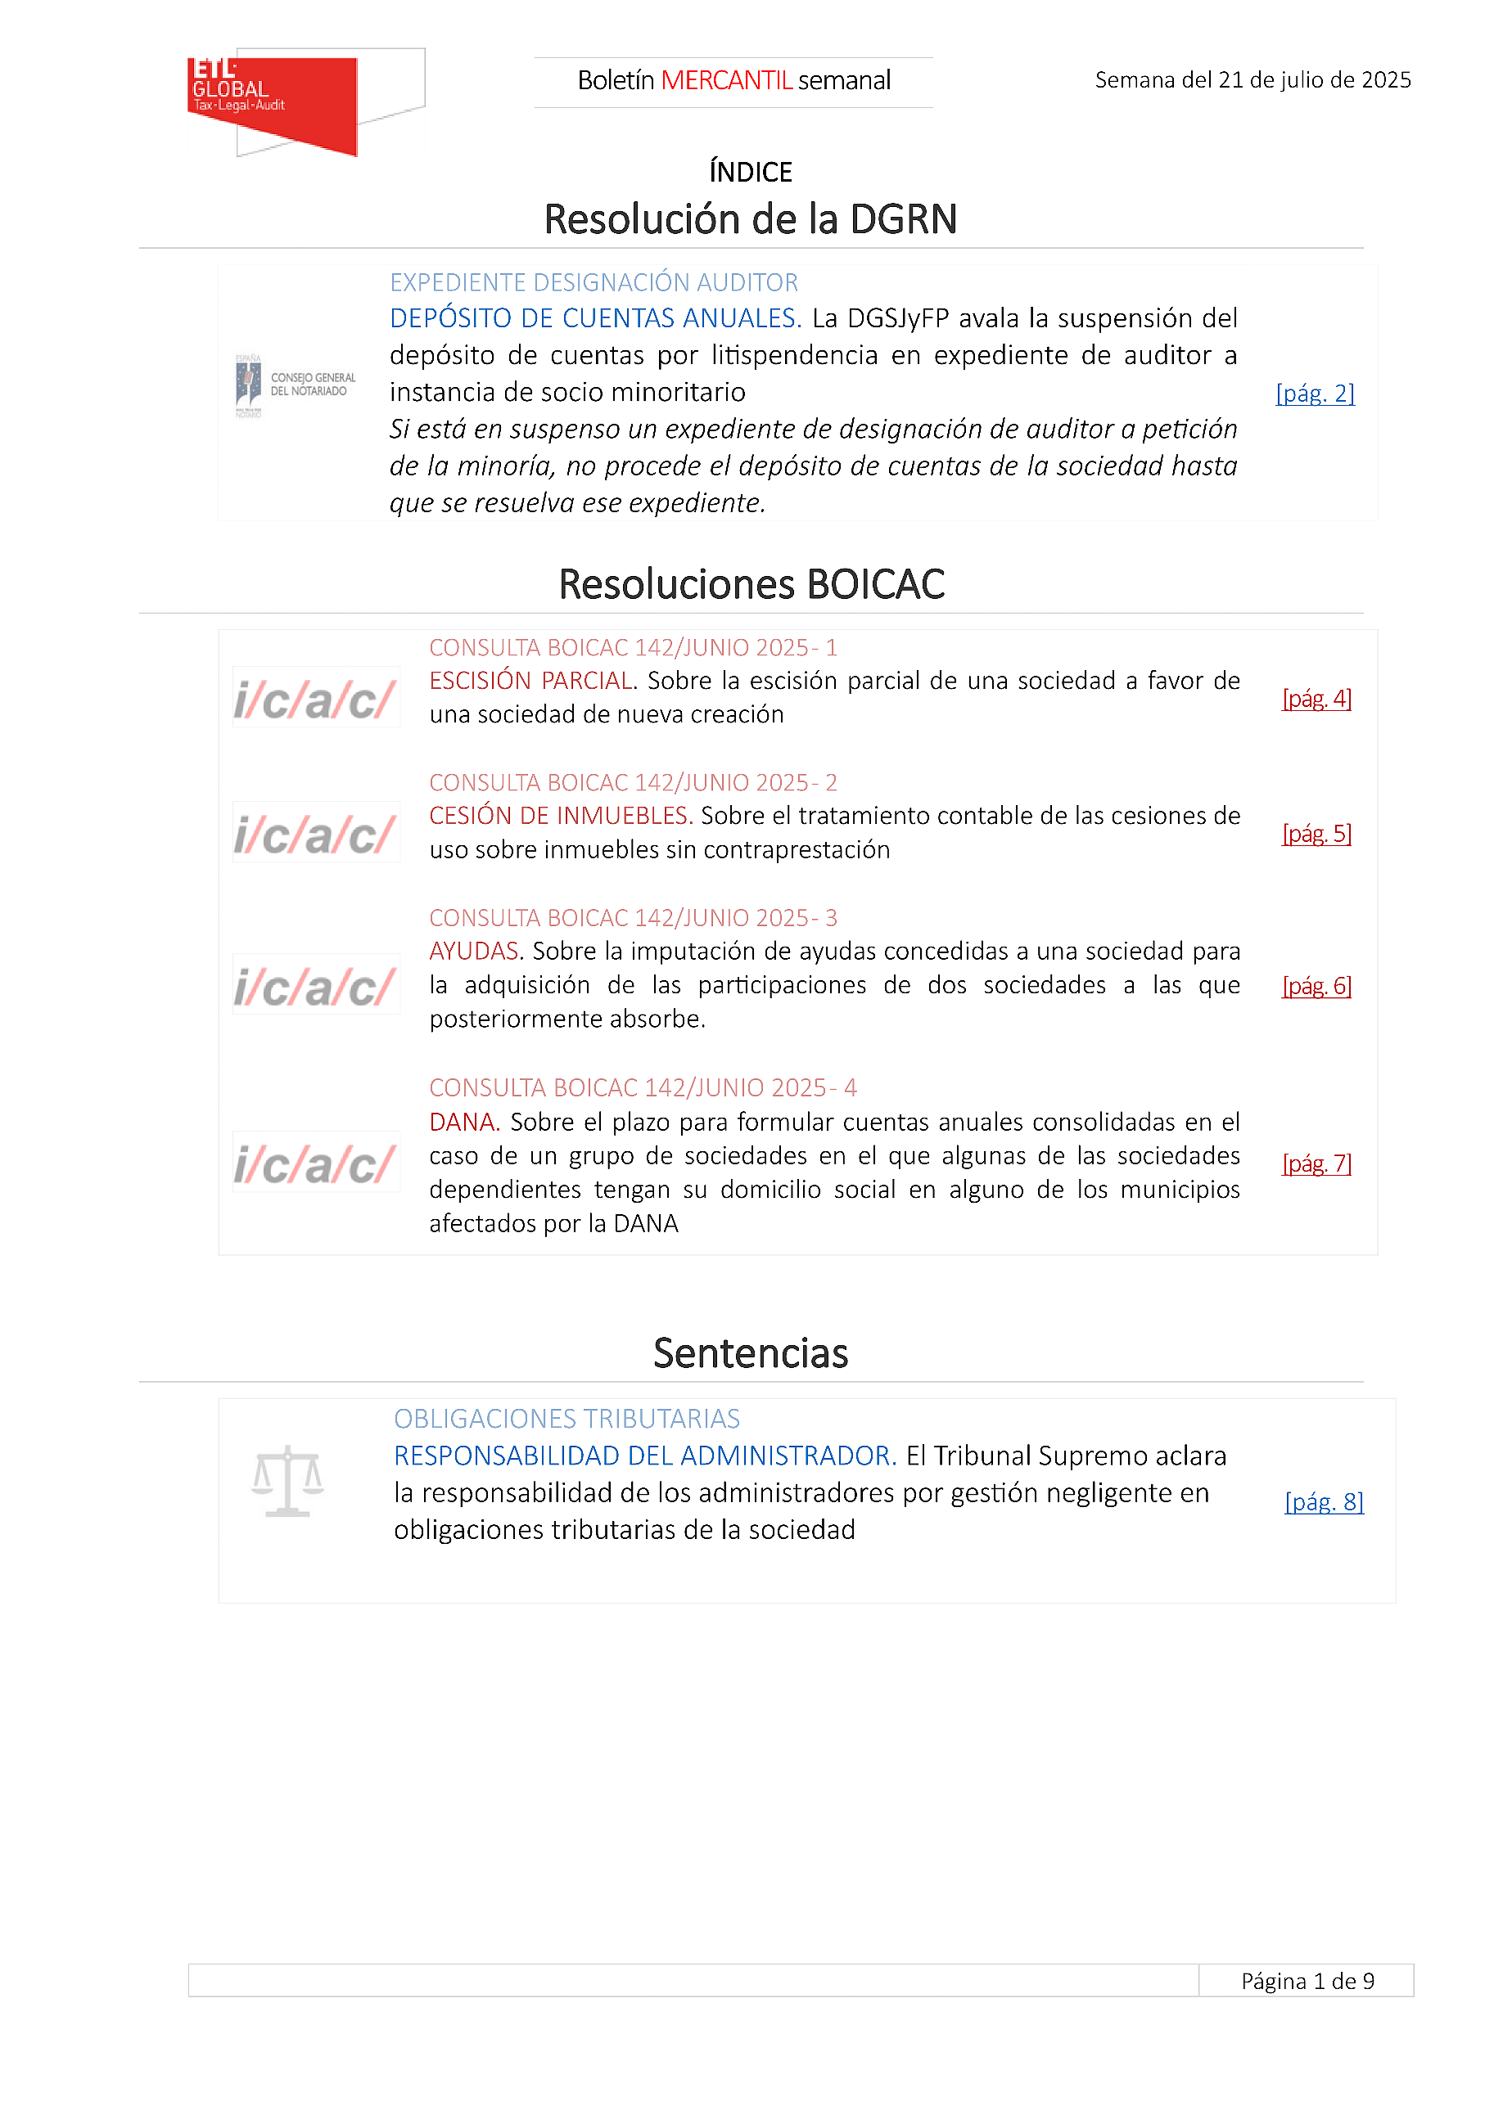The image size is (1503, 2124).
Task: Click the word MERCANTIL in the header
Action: (x=725, y=81)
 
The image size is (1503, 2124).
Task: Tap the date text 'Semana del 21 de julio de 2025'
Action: (x=1252, y=80)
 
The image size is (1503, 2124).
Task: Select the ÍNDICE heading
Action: (x=751, y=172)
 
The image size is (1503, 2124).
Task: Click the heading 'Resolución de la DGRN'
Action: (x=751, y=220)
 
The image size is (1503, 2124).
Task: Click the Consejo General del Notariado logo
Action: (x=296, y=385)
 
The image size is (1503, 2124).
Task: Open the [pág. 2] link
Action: (x=1314, y=394)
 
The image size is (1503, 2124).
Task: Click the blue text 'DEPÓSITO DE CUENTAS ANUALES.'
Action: (x=595, y=318)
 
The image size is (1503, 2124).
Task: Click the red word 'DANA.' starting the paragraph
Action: (x=463, y=1122)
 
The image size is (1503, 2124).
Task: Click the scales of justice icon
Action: (x=288, y=1481)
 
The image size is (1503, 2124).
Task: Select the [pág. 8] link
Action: (x=1324, y=1501)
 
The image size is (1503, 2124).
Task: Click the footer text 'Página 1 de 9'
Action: (x=1307, y=1981)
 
